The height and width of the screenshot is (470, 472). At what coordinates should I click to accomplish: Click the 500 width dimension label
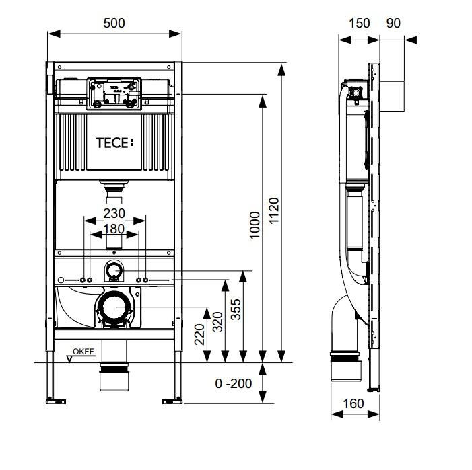tap(114, 23)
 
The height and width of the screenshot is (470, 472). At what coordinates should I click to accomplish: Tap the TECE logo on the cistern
tap(114, 143)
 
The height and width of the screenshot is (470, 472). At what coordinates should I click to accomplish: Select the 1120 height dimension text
tap(274, 210)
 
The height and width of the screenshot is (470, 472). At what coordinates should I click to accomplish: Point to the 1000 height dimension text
tap(255, 225)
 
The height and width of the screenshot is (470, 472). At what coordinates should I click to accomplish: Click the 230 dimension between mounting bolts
tap(114, 213)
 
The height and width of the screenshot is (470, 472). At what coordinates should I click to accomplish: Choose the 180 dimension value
tap(114, 229)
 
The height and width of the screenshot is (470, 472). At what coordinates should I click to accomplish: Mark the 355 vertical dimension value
tap(236, 309)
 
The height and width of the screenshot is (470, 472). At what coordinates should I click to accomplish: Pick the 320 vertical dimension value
tap(217, 322)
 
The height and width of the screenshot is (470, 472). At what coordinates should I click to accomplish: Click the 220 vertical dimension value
tap(199, 334)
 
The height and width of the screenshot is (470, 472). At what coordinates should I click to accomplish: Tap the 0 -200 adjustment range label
tap(234, 383)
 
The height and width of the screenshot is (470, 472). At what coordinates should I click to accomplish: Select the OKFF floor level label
tap(83, 351)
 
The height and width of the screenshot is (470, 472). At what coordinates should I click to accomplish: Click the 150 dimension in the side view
tap(360, 23)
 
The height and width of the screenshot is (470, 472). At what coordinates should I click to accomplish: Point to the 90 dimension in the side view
tap(393, 23)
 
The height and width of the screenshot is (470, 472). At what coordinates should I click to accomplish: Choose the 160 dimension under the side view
tap(353, 403)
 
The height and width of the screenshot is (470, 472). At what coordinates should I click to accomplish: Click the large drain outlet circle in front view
tap(103, 307)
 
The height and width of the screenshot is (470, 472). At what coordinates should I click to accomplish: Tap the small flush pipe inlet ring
tap(108, 270)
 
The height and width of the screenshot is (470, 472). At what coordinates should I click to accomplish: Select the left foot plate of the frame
tap(56, 401)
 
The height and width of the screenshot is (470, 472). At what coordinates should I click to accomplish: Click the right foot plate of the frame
tap(172, 401)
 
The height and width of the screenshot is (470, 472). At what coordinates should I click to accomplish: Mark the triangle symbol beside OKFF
tap(70, 359)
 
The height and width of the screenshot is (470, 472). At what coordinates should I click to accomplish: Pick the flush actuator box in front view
tap(114, 93)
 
